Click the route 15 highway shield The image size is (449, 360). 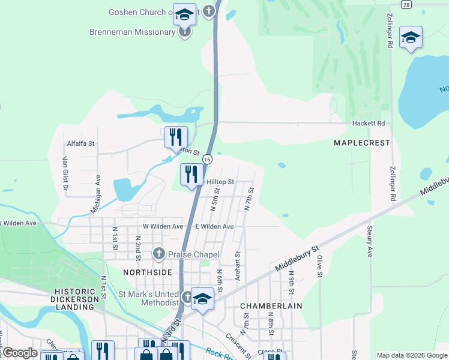tap(207, 159)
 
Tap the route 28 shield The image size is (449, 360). tap(407, 4)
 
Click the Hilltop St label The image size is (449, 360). tap(220, 182)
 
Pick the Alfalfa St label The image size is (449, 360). tap(81, 143)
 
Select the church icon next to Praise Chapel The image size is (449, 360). tap(159, 254)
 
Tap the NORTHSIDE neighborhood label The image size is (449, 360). tap(147, 272)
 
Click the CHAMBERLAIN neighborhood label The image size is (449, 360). tap(271, 306)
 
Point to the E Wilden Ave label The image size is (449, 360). tap(214, 226)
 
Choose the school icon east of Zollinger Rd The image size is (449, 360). tap(411, 38)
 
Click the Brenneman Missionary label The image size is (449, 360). tap(132, 32)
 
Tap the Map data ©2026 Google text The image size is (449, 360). tap(411, 355)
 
